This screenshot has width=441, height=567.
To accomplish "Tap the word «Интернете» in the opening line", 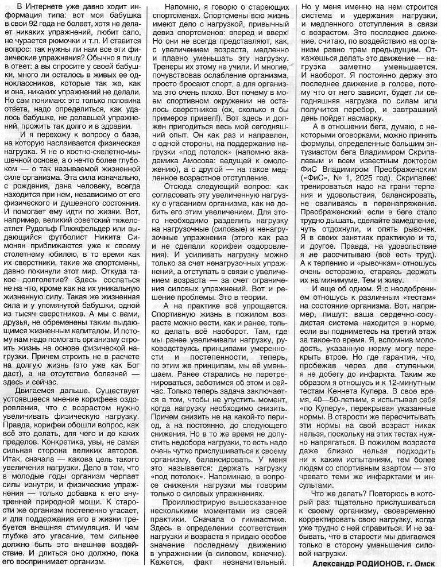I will (x=43, y=6).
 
